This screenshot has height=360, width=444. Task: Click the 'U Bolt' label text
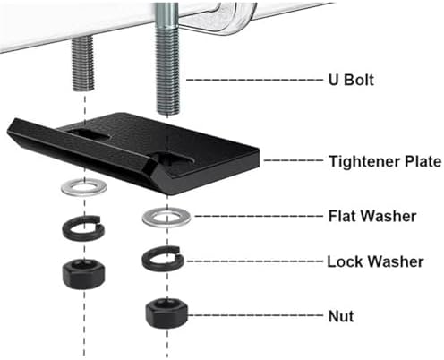[x=351, y=80]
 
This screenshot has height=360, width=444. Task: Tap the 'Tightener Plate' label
[x=385, y=161]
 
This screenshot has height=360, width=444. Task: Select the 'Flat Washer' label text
[x=372, y=216]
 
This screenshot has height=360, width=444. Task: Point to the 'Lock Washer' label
[x=375, y=261]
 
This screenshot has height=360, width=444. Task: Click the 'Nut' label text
[x=341, y=316]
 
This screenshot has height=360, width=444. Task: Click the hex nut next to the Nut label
[x=166, y=313]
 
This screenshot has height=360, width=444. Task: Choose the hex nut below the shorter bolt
[x=83, y=274]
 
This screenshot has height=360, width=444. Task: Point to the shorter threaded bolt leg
[x=82, y=63]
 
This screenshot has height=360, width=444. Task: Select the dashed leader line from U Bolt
[x=255, y=80]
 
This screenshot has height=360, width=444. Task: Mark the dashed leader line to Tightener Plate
[x=294, y=160]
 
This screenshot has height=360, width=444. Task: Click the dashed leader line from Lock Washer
[x=255, y=261]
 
